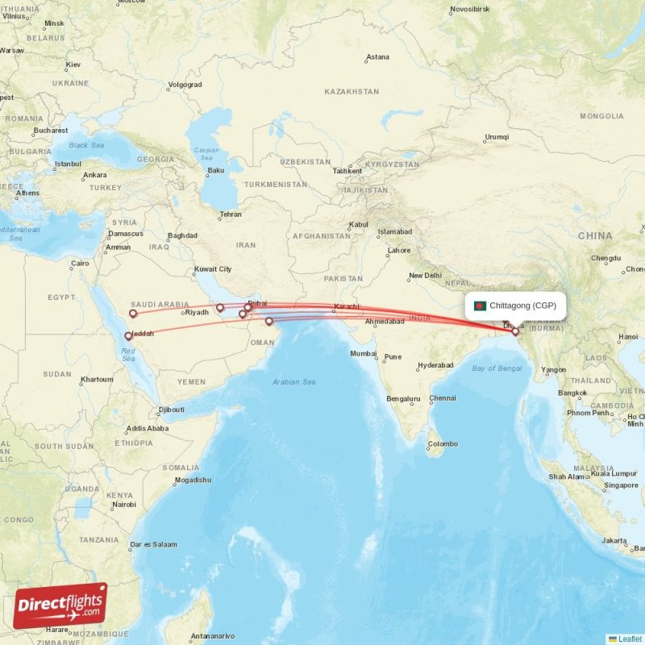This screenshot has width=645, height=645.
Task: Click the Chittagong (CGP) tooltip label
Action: (522, 306)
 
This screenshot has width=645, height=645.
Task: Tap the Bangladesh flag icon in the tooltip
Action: (480, 306)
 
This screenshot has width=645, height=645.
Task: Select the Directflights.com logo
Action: (60, 605)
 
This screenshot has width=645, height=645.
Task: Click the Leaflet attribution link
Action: (630, 639)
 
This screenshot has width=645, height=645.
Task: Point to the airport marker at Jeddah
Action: (128, 335)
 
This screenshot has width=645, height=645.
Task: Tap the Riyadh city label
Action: (197, 312)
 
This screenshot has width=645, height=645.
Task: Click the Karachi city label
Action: (346, 306)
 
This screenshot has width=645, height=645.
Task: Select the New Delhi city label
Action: (425, 276)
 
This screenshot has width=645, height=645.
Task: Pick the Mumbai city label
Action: (363, 354)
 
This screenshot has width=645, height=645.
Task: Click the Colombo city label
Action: (443, 444)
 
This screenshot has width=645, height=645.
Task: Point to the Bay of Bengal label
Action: (497, 368)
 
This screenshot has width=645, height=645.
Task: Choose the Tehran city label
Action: (230, 214)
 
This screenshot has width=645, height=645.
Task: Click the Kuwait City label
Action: (212, 269)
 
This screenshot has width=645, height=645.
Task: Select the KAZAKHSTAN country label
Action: (352, 92)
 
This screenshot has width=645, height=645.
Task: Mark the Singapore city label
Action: (622, 485)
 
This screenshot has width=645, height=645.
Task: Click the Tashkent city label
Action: (347, 171)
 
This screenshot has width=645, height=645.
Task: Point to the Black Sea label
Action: (86, 145)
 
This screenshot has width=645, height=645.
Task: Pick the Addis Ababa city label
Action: (147, 428)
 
